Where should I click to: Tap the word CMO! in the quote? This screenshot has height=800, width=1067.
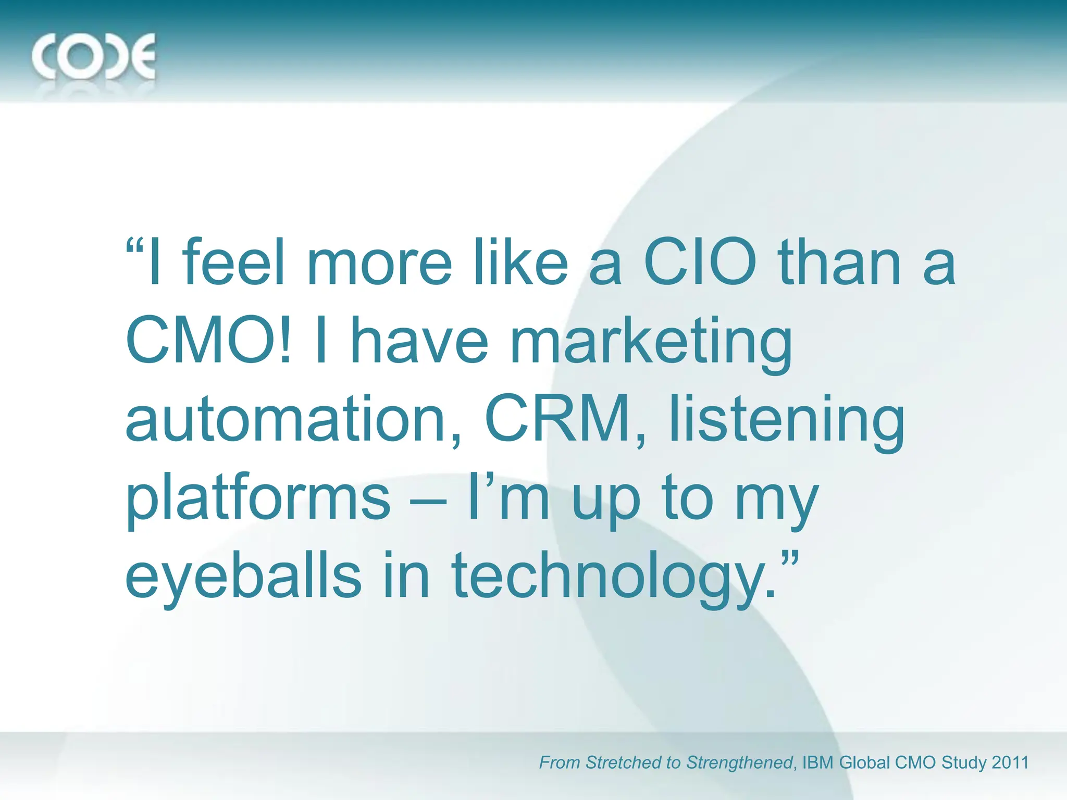tap(208, 341)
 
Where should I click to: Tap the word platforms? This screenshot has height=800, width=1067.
tap(258, 499)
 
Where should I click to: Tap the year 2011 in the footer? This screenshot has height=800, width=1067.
tap(1010, 762)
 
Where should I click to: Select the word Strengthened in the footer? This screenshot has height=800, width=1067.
tap(740, 762)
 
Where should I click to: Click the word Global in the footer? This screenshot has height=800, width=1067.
tap(865, 762)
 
